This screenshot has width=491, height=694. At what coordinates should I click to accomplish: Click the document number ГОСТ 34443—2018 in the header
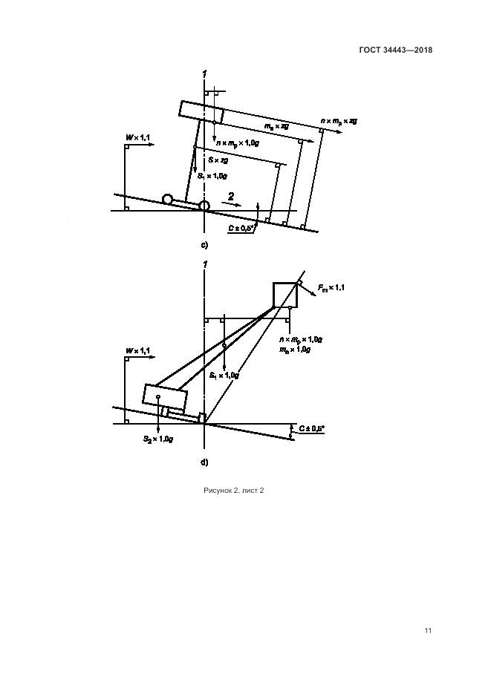[x=397, y=50]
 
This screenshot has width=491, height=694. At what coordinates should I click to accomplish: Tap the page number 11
[x=428, y=630]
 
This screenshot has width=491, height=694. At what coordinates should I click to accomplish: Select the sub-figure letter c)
[x=204, y=245]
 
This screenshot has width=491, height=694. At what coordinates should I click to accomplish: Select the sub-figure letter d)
[x=204, y=462]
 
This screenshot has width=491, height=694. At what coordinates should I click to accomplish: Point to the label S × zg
[x=220, y=160]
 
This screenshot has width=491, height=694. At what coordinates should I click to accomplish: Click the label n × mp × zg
[x=339, y=120]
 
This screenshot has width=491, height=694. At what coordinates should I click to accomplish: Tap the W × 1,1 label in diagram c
[x=137, y=138]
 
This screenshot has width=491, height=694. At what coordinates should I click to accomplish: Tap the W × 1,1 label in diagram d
[x=137, y=350]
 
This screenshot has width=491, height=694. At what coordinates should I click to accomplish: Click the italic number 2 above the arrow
[x=231, y=197]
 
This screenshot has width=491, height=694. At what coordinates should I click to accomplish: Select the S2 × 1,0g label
[x=158, y=439]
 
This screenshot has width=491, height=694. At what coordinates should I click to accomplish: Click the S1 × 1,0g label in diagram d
[x=224, y=376]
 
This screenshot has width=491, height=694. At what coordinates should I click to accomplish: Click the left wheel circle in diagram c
[x=169, y=199]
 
